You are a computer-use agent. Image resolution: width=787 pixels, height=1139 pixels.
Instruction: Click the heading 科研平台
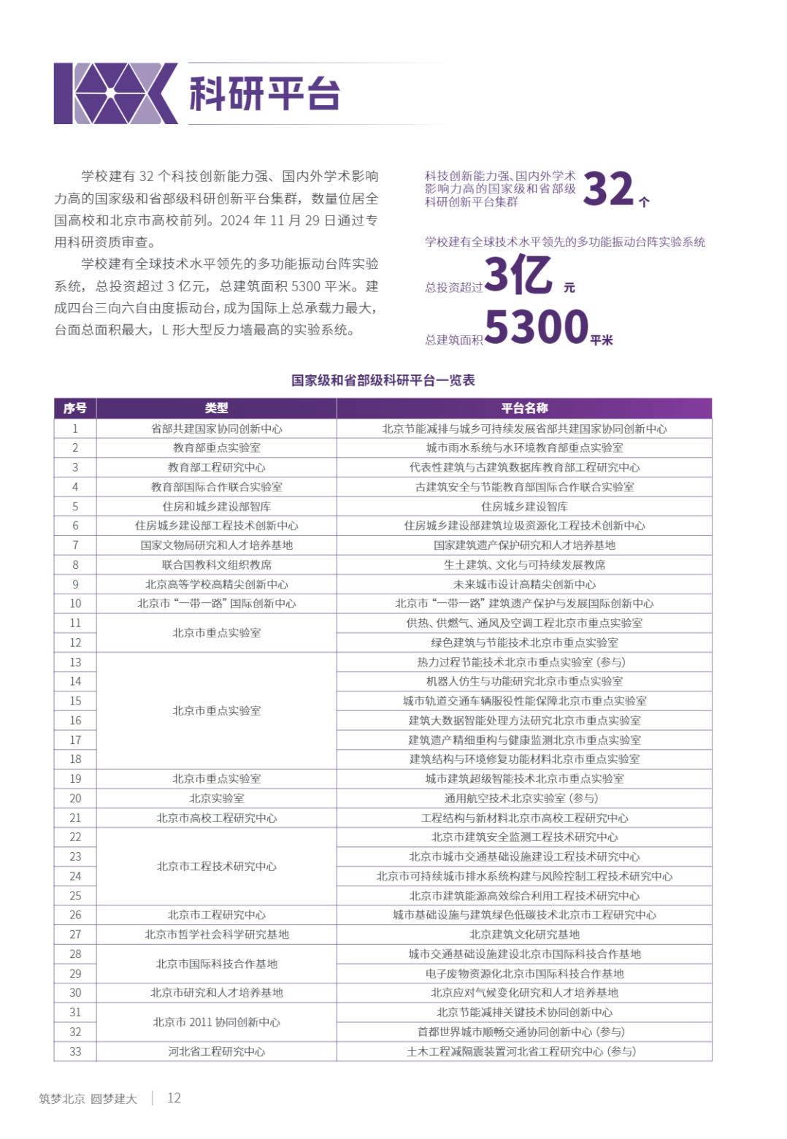coord(264,93)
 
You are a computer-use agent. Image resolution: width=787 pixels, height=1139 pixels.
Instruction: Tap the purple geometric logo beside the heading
coord(116,93)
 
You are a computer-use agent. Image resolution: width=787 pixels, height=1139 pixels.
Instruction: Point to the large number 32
coord(608,188)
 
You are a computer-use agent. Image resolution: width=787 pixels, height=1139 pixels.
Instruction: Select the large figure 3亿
coord(518,275)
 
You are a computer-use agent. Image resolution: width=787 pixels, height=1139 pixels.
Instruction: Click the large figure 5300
coord(537,326)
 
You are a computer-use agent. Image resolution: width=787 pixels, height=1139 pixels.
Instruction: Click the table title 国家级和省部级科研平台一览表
coord(383,380)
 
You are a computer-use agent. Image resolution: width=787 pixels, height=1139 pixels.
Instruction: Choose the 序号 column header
coord(75,408)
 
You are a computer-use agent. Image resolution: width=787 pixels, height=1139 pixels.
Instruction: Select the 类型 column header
coord(216,408)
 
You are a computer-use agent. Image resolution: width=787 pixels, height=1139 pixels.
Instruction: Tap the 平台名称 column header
coord(524,408)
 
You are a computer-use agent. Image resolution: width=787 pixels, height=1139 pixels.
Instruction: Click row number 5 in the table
coord(75,506)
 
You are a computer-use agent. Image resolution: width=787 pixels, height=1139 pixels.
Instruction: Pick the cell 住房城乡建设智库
coord(524,506)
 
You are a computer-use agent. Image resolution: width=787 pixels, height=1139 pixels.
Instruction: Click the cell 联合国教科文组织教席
coord(216,564)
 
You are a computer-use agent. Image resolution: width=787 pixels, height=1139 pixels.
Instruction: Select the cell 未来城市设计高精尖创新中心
coord(524,584)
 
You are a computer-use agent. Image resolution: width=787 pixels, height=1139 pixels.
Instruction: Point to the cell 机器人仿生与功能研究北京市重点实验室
coord(524,681)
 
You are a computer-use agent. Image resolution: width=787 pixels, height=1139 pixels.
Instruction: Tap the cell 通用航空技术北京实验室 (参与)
coord(524,798)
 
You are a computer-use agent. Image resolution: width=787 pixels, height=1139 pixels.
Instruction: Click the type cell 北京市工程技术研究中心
coord(216,866)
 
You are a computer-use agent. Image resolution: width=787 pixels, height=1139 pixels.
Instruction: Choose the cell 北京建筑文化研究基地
coord(524,934)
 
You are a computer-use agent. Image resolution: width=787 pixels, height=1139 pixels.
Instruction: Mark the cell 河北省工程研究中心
coord(216,1051)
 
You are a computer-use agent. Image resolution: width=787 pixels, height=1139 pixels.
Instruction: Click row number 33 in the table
coord(75,1051)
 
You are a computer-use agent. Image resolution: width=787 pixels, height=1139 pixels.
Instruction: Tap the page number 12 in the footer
coord(174,1097)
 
